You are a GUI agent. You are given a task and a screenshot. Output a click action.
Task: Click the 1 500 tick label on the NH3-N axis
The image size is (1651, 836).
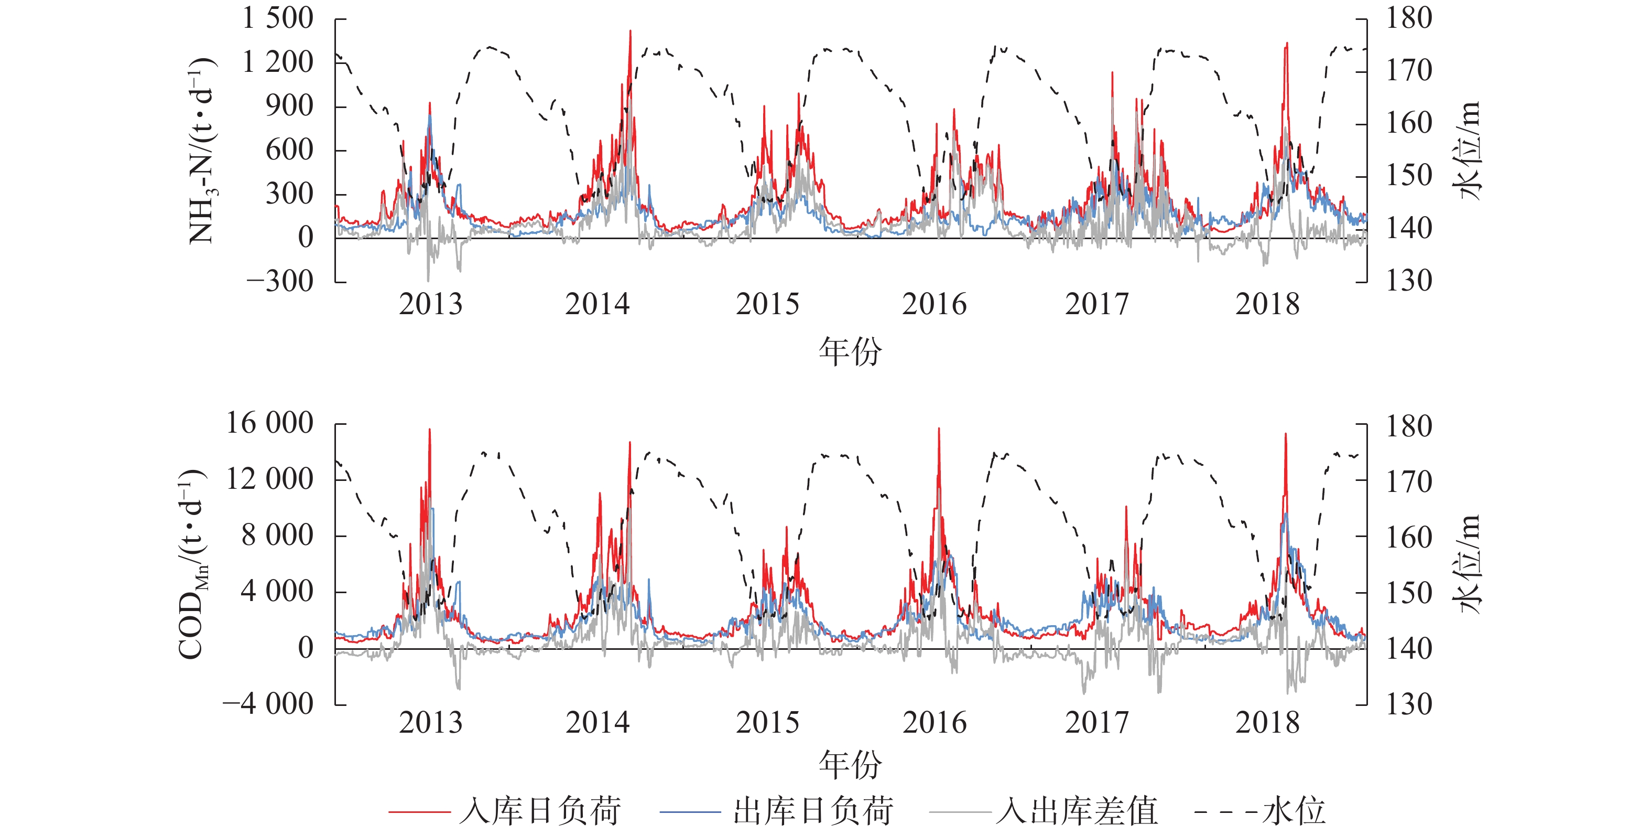[x=277, y=18]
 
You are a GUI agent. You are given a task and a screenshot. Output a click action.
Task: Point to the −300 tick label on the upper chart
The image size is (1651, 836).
[x=279, y=282]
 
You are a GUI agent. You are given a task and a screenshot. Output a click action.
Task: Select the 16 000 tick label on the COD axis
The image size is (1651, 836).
[x=269, y=424]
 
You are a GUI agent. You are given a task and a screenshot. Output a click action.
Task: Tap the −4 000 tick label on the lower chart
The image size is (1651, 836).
[x=267, y=704]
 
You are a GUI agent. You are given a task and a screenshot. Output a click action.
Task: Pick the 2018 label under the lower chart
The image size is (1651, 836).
[x=1267, y=723]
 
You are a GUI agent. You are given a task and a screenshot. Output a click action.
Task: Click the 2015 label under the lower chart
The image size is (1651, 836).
[x=767, y=723]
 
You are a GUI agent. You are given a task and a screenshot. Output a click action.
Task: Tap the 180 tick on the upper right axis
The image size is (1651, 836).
[x=1409, y=18]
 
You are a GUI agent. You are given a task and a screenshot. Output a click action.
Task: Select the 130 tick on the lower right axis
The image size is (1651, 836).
[x=1409, y=704]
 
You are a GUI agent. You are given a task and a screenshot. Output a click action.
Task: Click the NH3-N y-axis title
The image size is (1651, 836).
[x=202, y=151]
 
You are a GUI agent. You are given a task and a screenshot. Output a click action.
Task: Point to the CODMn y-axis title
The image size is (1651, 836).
[x=193, y=564]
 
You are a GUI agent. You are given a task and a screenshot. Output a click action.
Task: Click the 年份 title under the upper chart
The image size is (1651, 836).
[x=850, y=352]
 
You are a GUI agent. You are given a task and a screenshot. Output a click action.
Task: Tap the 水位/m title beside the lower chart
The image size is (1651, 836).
[x=1468, y=564]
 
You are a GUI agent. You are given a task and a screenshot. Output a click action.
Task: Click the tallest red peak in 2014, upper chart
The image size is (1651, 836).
[x=630, y=31]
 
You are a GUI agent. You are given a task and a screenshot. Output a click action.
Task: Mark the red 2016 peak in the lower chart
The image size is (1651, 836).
[x=939, y=429]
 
